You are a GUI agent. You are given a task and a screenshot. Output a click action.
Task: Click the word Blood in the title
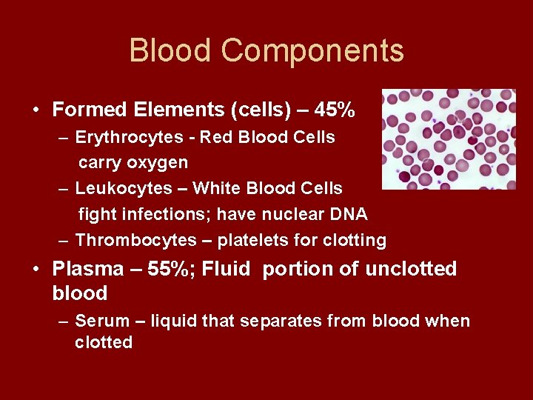coord(170,51)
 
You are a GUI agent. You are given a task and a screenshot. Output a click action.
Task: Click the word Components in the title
coord(312,51)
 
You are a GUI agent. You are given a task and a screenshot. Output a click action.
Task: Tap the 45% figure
coord(335,110)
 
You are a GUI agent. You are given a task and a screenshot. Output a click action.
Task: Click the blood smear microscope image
coord(448,139)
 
